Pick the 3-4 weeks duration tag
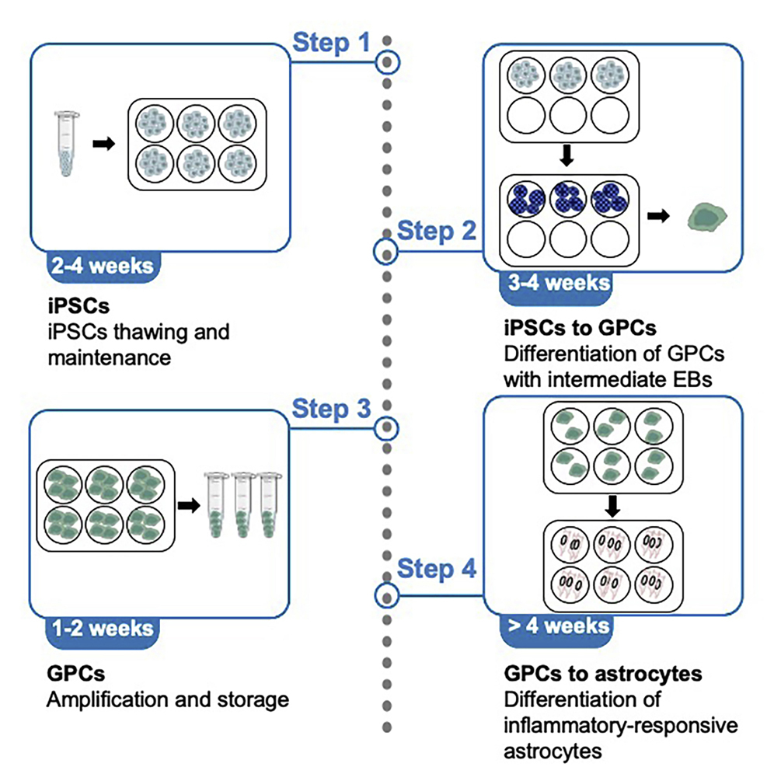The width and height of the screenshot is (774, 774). tap(555, 282)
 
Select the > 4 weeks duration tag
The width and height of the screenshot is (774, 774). tap(555, 626)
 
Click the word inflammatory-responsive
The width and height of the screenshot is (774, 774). tap(619, 725)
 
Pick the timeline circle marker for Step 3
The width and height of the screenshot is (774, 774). tap(386, 428)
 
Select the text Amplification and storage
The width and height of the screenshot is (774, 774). tap(168, 699)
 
